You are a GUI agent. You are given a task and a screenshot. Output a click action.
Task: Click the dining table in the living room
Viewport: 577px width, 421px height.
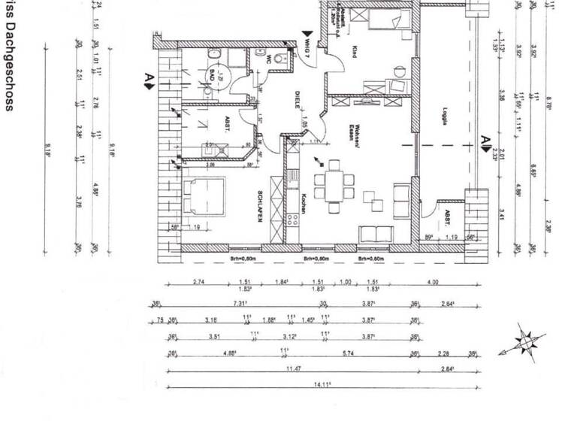tap(330, 183)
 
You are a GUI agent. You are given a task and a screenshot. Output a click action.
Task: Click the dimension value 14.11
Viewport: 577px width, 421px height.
tap(322, 384)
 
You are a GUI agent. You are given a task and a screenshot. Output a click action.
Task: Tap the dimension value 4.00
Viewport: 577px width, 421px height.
tap(433, 282)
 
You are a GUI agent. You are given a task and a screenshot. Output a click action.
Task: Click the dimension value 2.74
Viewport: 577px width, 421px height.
tap(198, 282)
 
